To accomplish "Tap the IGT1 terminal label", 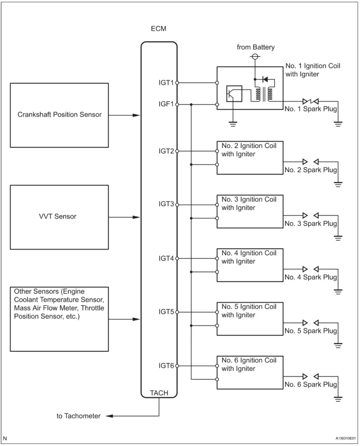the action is point(166,83).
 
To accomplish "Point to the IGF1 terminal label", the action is point(166,104).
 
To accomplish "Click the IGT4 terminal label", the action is point(166,258).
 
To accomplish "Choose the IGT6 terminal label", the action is point(166,365).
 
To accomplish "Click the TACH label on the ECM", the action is point(159,393).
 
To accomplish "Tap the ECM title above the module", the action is point(158,29).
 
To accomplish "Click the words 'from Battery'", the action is point(256,47).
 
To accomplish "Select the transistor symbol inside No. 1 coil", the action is point(234,94).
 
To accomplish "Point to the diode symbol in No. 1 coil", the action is point(265,79).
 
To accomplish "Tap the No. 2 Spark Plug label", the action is point(311,170).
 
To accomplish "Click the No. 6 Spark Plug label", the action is point(311,384).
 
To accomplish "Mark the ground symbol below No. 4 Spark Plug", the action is point(338,291).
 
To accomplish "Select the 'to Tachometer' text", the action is point(78,416).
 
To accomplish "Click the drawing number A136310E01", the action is point(346,438).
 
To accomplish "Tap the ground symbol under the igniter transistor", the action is point(233,124).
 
